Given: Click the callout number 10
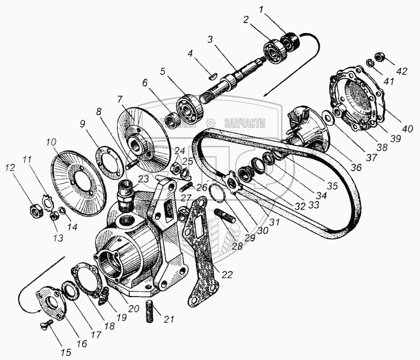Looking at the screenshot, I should (x=51, y=141).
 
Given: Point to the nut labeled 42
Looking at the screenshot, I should (x=378, y=56).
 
